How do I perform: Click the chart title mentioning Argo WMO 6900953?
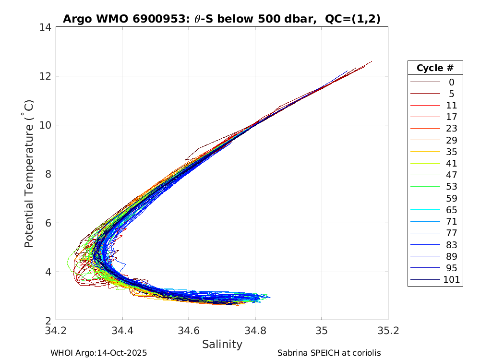(222, 19)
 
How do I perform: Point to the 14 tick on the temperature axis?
(46, 27)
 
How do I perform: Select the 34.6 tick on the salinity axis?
(189, 331)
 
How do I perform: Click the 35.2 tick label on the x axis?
(388, 331)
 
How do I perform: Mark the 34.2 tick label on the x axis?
(56, 331)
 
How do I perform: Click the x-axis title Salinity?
(222, 344)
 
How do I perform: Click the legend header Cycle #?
(435, 68)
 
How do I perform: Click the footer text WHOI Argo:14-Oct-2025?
(98, 353)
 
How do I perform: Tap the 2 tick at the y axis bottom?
(49, 321)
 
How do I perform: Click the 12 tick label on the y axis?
(46, 76)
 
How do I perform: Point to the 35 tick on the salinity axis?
(322, 331)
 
